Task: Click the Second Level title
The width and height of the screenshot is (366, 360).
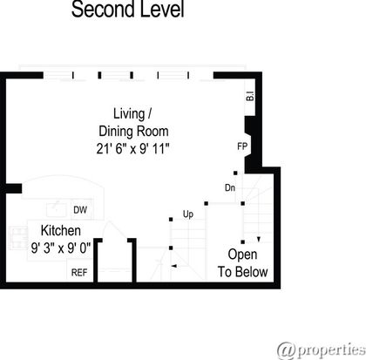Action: [x=128, y=9]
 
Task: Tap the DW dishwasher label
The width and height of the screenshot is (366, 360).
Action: [x=80, y=210]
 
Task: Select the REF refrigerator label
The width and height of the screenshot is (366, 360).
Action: [x=79, y=273]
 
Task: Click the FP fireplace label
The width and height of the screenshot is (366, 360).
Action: [x=242, y=146]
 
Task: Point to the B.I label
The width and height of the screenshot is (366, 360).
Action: [x=250, y=97]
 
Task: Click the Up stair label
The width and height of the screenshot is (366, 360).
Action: [x=188, y=214]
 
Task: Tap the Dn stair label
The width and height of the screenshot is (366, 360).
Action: [x=230, y=187]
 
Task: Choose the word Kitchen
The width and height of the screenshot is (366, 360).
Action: [x=61, y=230]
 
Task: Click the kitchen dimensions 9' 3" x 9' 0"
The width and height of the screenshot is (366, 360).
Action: [x=61, y=248]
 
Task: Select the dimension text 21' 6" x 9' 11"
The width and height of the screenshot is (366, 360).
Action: [x=132, y=149]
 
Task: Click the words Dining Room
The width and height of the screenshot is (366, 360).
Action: [x=133, y=131]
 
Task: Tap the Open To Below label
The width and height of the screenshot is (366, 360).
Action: [x=243, y=263]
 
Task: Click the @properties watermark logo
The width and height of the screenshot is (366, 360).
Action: [x=322, y=350]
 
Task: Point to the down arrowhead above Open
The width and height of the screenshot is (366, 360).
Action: [x=259, y=240]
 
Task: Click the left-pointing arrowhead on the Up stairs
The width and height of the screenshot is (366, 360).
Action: [x=174, y=266]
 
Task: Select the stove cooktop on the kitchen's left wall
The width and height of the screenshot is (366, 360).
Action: [x=18, y=238]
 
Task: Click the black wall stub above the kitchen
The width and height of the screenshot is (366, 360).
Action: [x=14, y=188]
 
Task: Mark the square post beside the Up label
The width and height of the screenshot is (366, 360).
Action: [x=171, y=220]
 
